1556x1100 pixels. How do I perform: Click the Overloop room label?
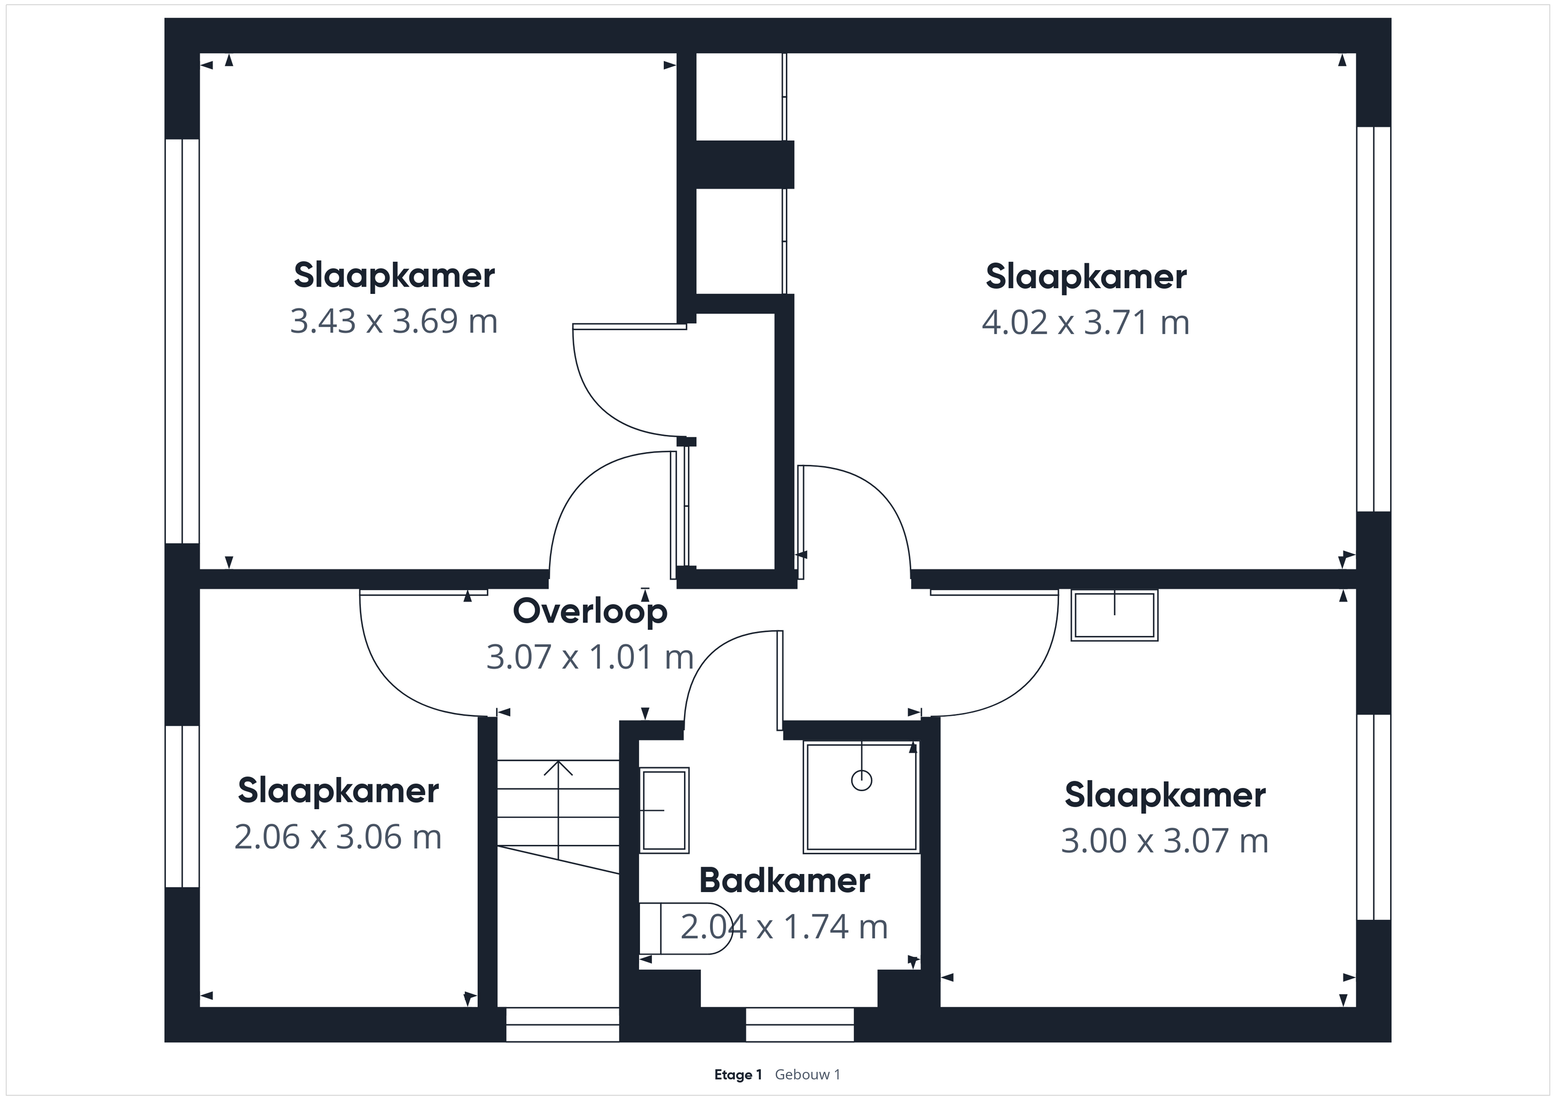coord(590,612)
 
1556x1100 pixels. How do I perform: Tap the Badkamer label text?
coord(784,881)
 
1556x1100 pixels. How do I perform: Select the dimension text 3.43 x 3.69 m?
coord(394,321)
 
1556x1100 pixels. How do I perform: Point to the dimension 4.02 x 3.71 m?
coord(1086,322)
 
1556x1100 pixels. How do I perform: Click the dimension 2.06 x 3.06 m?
coord(338,837)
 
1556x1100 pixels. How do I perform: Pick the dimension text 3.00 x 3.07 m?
coord(1164,841)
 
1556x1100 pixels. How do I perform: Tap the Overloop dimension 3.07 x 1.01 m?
coord(590,657)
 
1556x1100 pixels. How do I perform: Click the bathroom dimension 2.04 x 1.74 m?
coord(784,926)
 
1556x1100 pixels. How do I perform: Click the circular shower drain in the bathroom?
coord(862,780)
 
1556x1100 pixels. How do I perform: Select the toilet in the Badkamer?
coord(685,928)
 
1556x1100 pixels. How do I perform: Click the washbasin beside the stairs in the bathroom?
coord(664,809)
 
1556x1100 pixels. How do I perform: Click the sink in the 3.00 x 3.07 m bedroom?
coord(1114,615)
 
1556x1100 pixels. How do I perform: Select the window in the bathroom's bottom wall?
coord(800,1024)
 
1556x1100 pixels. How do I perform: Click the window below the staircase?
coord(562,1024)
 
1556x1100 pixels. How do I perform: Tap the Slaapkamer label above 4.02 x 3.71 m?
coord(1086,277)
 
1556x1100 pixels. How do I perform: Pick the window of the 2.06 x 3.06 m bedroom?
coord(182,806)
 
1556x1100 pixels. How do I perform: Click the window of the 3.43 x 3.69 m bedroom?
coord(182,342)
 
